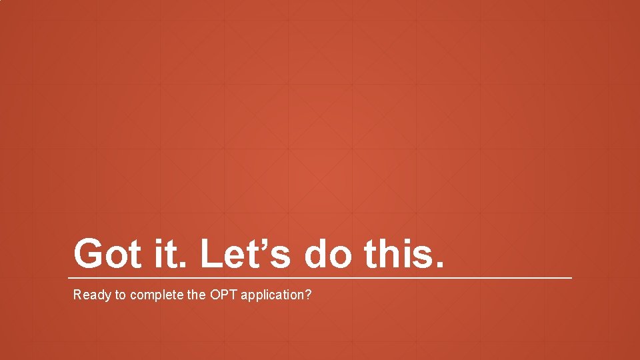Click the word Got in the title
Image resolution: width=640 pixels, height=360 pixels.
107,254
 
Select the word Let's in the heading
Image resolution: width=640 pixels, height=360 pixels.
246,254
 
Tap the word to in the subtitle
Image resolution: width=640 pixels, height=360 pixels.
121,295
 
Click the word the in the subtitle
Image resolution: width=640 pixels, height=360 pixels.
197,295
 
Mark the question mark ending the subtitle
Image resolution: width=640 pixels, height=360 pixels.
307,295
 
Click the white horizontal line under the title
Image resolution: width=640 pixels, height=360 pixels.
320,277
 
